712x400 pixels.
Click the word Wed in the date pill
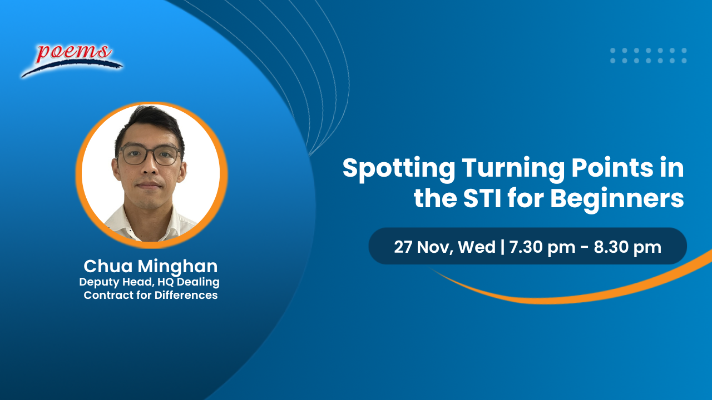click(477, 247)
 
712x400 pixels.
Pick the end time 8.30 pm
click(627, 247)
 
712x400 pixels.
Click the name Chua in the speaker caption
click(107, 266)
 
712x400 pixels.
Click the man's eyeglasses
click(150, 155)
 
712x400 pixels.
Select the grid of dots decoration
click(648, 55)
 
